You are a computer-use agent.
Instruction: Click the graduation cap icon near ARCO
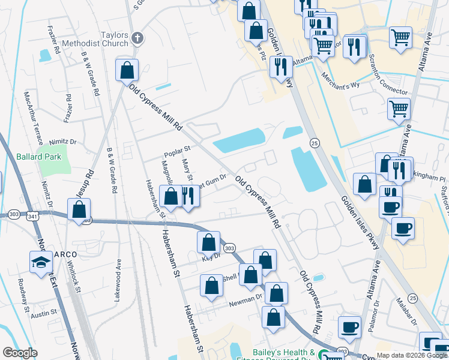41,262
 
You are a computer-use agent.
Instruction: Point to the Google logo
20,353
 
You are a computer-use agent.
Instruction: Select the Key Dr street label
211,256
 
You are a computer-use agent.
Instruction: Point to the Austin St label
43,313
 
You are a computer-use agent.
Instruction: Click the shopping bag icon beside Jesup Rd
79,209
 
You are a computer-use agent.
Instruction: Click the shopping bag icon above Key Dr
208,242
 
